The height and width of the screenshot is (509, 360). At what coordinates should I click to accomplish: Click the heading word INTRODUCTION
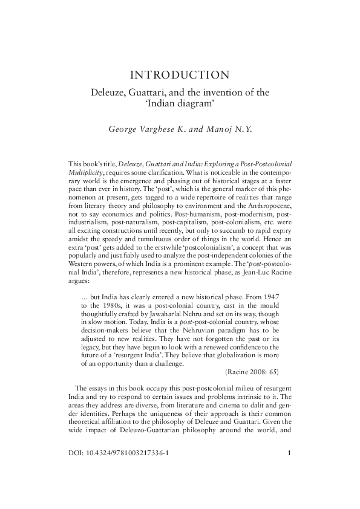tap(179, 76)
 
